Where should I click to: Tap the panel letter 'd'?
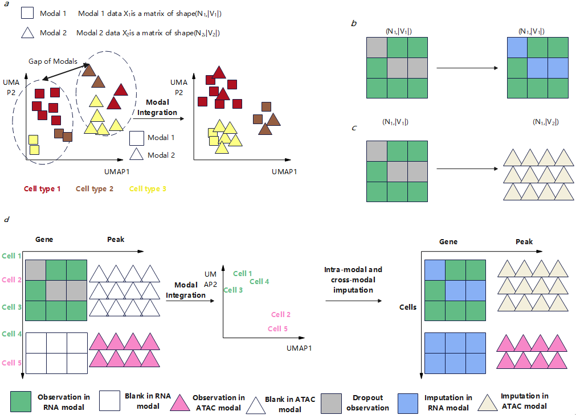6,219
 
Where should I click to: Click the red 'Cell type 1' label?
42,189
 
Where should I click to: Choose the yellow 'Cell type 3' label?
148,189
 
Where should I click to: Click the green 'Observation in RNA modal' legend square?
21,401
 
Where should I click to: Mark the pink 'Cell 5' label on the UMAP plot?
277,328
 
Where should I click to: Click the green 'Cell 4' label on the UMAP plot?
259,281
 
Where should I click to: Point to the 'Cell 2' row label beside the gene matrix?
11,280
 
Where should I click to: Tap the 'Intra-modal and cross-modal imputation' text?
353,280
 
